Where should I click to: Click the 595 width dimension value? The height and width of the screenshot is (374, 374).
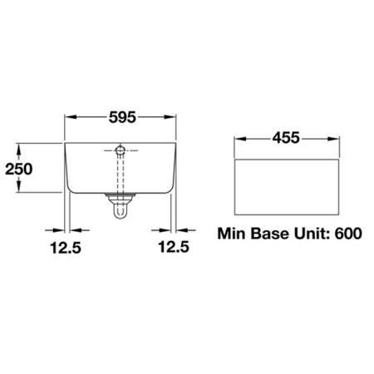tap(122, 117)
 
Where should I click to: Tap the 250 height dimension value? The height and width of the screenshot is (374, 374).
tap(19, 169)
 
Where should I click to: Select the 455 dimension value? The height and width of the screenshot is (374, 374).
tap(286, 138)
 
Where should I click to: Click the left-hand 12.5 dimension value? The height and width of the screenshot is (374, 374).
tap(66, 248)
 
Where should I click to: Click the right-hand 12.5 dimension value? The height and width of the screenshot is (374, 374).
tap(174, 247)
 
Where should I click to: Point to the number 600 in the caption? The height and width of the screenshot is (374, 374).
tap(348, 234)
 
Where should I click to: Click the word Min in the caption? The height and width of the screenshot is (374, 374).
tap(231, 234)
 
